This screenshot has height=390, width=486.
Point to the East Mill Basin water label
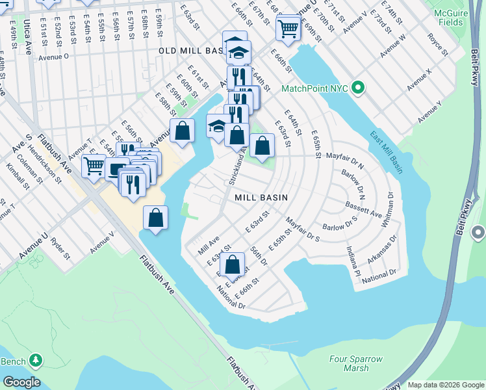pyautogui.click(x=387, y=153)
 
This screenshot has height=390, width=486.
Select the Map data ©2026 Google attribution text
pyautogui.click(x=445, y=385)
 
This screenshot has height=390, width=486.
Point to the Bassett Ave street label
pyautogui.click(x=363, y=212)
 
